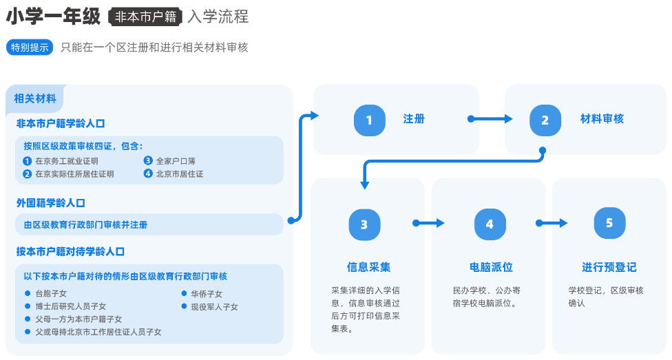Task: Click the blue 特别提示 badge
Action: (x=30, y=47)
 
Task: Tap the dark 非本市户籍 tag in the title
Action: (x=145, y=17)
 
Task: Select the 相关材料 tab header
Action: (x=35, y=98)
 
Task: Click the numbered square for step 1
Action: (x=369, y=120)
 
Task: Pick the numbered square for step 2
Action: (x=545, y=120)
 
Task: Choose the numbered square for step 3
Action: (x=364, y=224)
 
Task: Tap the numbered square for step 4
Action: (x=490, y=224)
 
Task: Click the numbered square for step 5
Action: (x=609, y=223)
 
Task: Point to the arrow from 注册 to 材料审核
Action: (x=490, y=119)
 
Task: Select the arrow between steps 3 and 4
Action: (x=429, y=223)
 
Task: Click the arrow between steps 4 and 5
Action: (x=552, y=223)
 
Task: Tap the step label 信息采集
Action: (x=368, y=267)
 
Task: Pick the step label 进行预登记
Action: (x=609, y=267)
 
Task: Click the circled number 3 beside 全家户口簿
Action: (x=148, y=161)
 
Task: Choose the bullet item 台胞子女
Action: (x=51, y=294)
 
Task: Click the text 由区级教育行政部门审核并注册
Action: (x=85, y=225)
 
